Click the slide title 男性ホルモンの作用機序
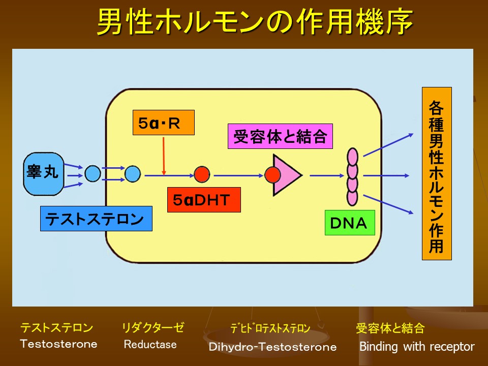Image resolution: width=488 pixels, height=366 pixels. click(x=254, y=23)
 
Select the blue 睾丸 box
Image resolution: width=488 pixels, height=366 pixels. click(x=43, y=174)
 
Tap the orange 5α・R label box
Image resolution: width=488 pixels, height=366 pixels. click(x=163, y=123)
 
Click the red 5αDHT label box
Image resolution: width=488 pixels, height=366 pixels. click(x=203, y=200)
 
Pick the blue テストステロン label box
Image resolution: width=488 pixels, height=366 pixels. click(x=96, y=219)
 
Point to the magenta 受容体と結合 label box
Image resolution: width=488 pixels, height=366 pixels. click(x=280, y=136)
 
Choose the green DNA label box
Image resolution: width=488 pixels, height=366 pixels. click(x=349, y=223)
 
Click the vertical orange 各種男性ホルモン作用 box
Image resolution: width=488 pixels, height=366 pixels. click(x=436, y=173)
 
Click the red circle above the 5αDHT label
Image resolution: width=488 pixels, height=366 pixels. click(x=202, y=174)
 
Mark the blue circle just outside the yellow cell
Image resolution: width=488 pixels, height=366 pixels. click(x=93, y=174)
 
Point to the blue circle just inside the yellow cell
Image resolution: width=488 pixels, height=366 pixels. click(x=132, y=174)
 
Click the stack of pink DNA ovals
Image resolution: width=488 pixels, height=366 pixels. click(x=352, y=176)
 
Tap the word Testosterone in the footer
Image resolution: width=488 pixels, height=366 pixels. click(x=58, y=344)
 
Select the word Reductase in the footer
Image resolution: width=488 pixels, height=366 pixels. click(x=150, y=345)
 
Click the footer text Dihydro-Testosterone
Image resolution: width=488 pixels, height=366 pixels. click(x=272, y=347)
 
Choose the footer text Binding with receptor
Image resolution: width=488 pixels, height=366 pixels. click(x=417, y=347)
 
